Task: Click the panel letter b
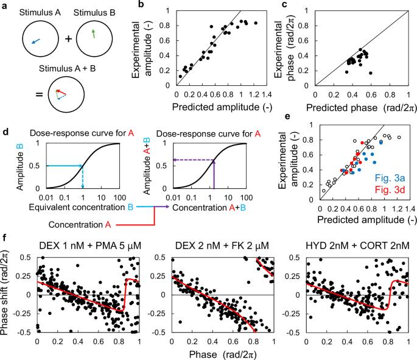coord(142,5)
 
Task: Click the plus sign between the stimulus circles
coord(68,40)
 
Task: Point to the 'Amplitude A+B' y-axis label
coord(144,165)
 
